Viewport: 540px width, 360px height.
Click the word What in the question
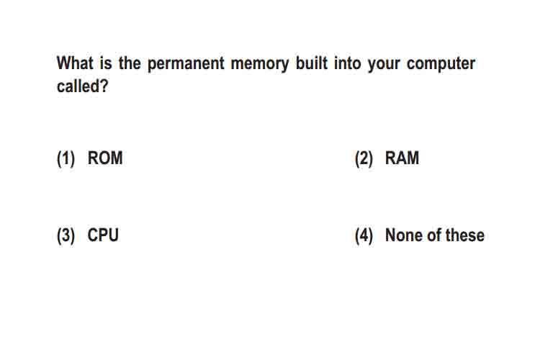coord(75,63)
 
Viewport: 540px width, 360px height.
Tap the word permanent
coord(186,64)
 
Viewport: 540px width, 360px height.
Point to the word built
coord(311,63)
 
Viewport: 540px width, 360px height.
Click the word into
coord(348,63)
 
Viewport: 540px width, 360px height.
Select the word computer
coord(441,64)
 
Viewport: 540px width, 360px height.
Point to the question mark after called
coord(104,86)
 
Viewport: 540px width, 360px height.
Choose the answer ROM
coord(105,158)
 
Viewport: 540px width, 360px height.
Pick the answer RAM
coord(402,158)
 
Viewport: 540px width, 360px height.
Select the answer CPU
coord(103,235)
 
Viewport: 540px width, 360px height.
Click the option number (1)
coord(66,159)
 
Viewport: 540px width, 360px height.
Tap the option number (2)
coord(364,159)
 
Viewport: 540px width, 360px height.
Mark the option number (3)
coord(66,236)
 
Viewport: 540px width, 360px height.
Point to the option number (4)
coord(364,236)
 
